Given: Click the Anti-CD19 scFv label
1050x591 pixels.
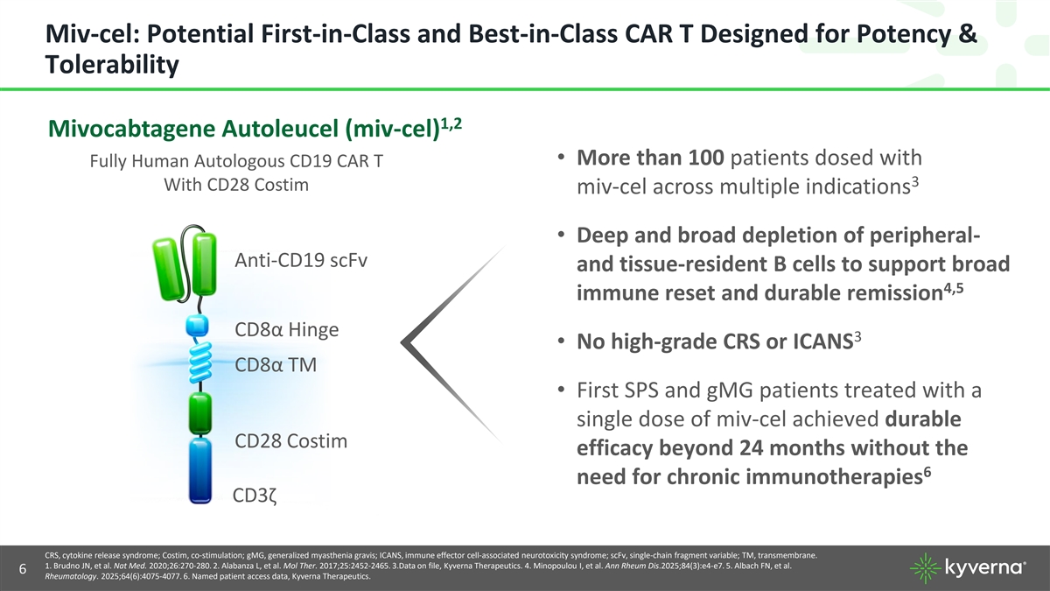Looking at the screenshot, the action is (x=301, y=260).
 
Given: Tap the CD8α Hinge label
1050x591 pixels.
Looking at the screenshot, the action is (x=286, y=329).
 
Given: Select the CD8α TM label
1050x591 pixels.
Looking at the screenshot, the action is (x=276, y=365).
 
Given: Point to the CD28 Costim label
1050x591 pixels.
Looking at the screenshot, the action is (x=290, y=441).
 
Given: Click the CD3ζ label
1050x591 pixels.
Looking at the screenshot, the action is (x=255, y=496).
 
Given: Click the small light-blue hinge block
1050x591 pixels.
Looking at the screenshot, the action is (x=197, y=325).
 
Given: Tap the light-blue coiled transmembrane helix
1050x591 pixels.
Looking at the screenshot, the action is (x=200, y=362).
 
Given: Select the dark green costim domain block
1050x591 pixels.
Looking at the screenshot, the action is (x=200, y=413).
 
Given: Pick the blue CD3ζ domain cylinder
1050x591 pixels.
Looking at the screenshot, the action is (x=200, y=471).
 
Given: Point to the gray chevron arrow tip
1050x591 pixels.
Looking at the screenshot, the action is (x=402, y=342).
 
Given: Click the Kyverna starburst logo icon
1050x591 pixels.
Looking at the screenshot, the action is (x=926, y=568).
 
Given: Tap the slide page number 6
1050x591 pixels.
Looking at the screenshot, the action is (x=23, y=569).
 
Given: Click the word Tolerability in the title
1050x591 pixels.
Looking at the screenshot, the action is (x=112, y=64).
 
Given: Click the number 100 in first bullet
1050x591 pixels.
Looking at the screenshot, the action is (x=706, y=158).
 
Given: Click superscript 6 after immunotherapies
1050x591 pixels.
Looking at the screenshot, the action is (x=927, y=472).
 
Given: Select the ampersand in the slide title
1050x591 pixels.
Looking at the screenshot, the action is (x=968, y=34).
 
